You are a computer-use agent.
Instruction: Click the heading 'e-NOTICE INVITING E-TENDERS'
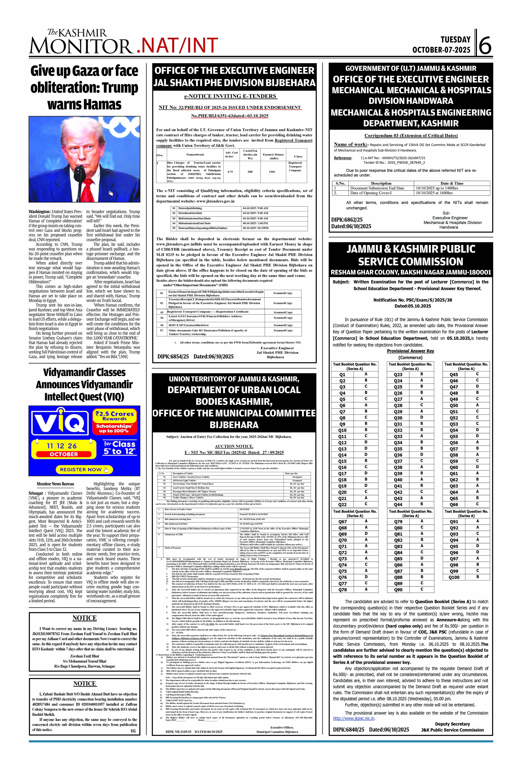click(231, 96)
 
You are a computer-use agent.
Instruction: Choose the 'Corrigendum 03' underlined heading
click(411, 135)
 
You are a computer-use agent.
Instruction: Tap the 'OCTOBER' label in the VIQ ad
click(64, 454)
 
